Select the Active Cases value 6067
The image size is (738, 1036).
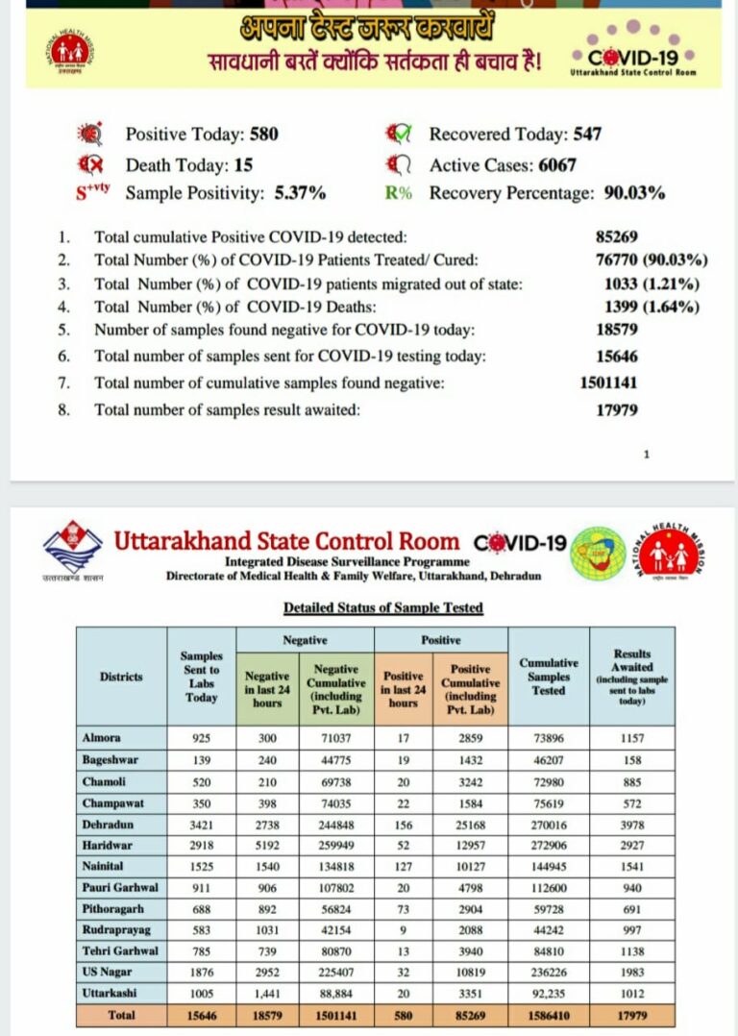pyautogui.click(x=556, y=164)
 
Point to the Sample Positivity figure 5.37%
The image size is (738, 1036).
pyautogui.click(x=300, y=193)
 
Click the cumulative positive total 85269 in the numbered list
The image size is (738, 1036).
pyautogui.click(x=616, y=236)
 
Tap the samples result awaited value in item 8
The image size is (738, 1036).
pyautogui.click(x=617, y=410)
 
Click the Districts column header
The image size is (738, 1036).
pyautogui.click(x=121, y=677)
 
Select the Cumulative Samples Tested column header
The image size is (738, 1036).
pyautogui.click(x=548, y=677)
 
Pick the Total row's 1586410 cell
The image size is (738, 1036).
pyautogui.click(x=548, y=1016)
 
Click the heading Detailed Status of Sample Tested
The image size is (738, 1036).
pyautogui.click(x=382, y=607)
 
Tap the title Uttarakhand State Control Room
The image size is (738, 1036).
pyautogui.click(x=286, y=541)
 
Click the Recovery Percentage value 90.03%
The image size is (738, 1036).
pyautogui.click(x=634, y=193)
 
